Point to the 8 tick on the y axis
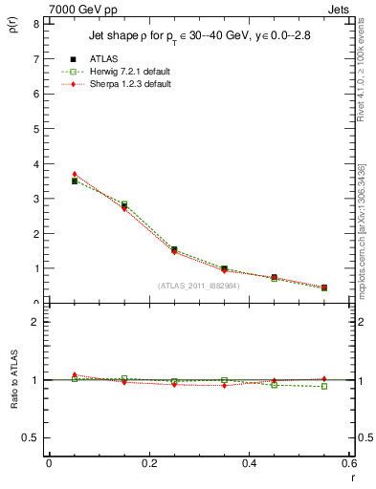(35, 24)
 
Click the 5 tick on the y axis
(35, 129)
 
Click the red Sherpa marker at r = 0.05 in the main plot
(75, 174)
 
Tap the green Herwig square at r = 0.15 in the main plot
(124, 203)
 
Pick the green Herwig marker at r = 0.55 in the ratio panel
(324, 386)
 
